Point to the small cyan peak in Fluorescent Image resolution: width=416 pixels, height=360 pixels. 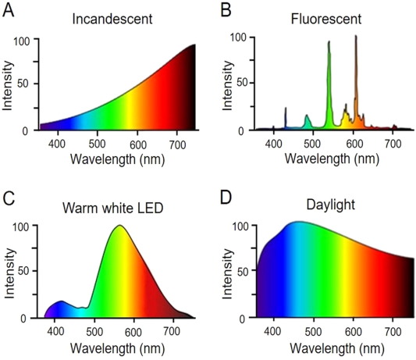(x=307, y=119)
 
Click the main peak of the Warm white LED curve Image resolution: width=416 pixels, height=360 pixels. (x=119, y=226)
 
